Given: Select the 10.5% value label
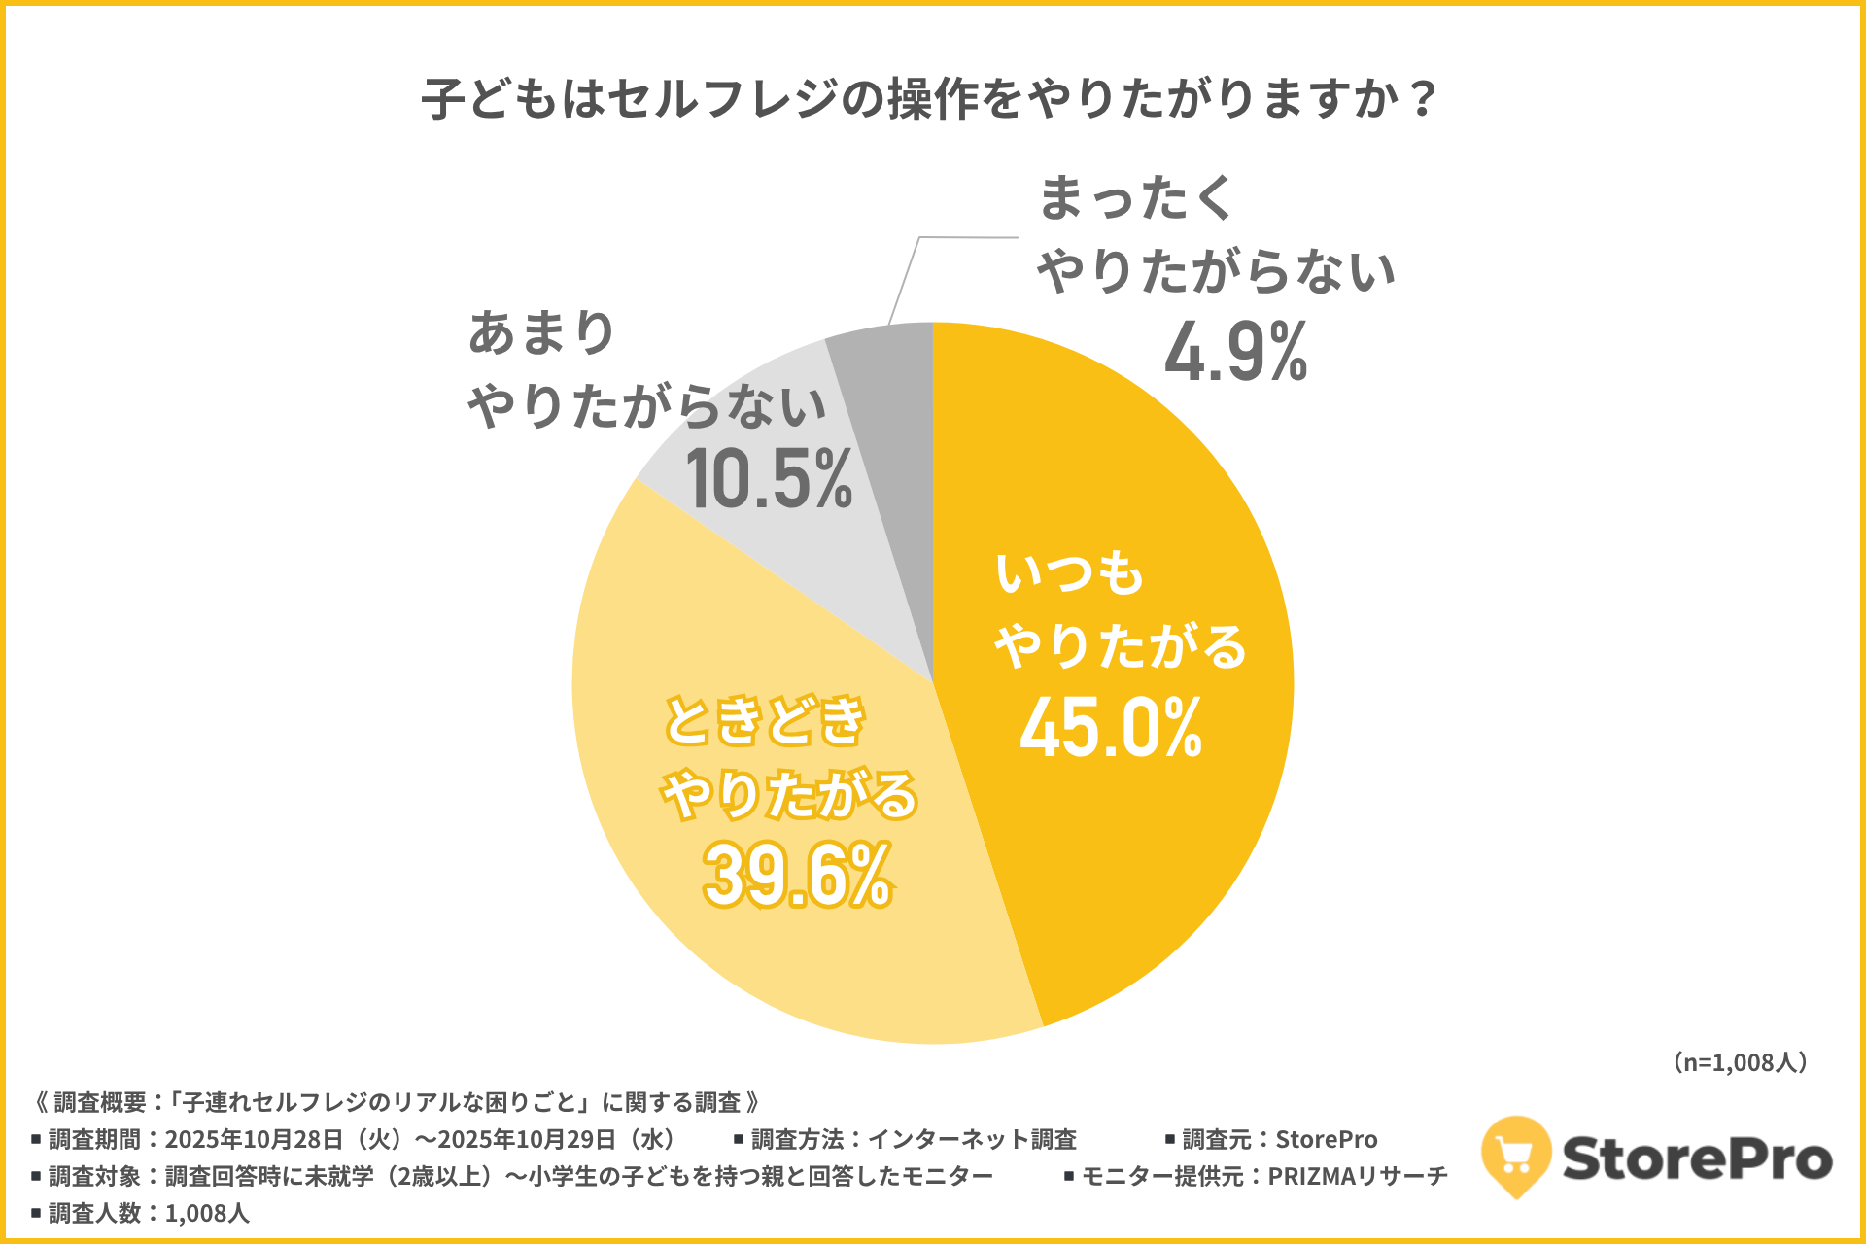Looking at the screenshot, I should (769, 478).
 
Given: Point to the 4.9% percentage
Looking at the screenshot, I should (1235, 352).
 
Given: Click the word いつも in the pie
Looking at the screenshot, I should (1069, 572).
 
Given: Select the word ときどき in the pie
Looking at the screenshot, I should (764, 720).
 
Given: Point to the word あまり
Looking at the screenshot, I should (541, 332).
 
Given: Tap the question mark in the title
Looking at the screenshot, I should (1424, 99).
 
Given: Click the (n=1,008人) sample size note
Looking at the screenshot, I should (1740, 1062).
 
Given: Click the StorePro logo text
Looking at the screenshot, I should (1697, 1158).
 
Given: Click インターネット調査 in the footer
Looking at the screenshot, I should (972, 1139).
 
